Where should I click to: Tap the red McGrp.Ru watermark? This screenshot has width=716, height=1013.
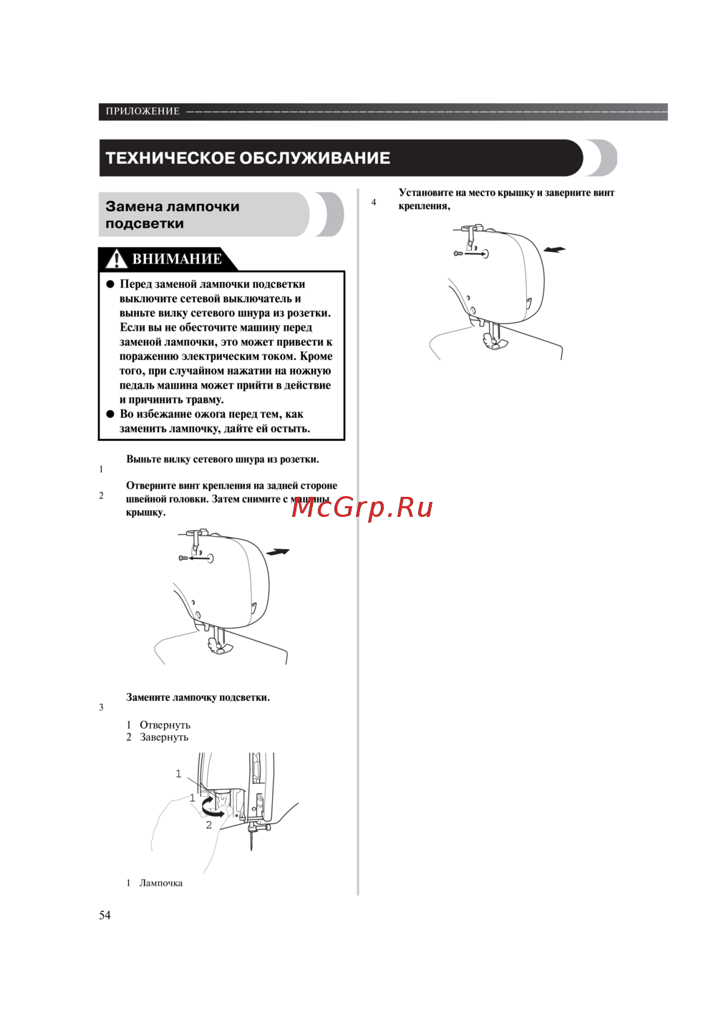click(362, 508)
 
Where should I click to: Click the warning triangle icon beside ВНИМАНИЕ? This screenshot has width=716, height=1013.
click(116, 259)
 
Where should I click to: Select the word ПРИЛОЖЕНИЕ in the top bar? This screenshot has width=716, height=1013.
click(142, 111)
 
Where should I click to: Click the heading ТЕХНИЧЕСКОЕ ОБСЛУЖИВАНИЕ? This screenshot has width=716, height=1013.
click(248, 157)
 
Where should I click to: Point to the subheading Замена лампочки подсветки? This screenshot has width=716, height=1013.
click(173, 215)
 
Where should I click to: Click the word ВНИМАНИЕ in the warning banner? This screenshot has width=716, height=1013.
click(177, 259)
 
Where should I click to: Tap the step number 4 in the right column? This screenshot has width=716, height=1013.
click(374, 203)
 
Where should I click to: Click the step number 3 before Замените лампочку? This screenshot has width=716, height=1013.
click(102, 707)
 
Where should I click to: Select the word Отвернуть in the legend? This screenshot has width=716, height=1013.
click(165, 725)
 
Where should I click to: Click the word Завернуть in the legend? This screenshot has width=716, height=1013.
click(164, 737)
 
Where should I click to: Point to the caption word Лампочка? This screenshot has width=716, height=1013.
click(161, 883)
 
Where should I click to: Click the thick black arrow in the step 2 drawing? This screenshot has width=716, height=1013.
click(278, 551)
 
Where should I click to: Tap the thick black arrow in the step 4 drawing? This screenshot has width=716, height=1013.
click(554, 249)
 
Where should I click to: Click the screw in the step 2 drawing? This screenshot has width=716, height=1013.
click(183, 558)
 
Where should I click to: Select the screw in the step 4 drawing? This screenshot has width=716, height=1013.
click(458, 253)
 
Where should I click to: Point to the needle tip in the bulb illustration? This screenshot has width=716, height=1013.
click(251, 850)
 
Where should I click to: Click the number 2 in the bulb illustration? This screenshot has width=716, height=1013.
click(208, 825)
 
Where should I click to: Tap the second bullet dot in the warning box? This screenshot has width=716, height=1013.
click(110, 414)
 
